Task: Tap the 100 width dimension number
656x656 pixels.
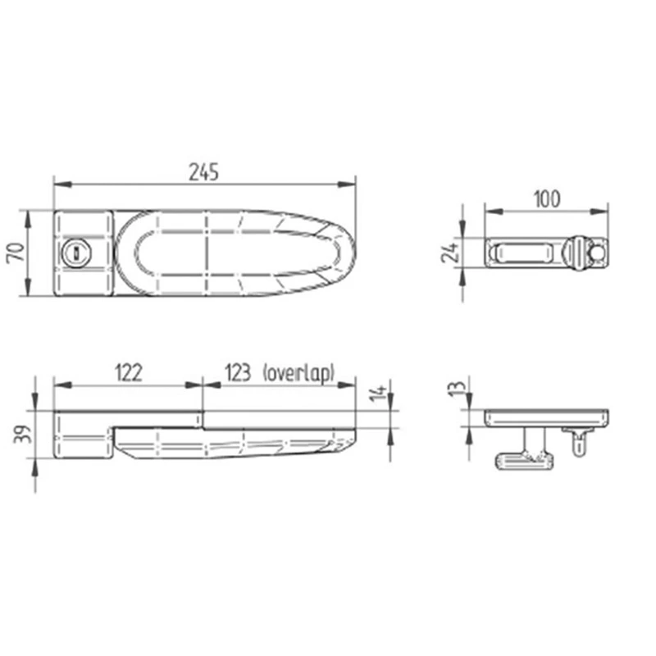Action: coord(546,198)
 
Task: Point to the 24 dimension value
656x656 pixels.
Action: coord(449,253)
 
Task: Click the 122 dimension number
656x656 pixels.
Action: coord(128,373)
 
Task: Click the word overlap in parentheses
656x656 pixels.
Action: coord(299,373)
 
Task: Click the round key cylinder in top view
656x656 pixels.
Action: coord(75,253)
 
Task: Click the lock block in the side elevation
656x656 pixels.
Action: coord(82,435)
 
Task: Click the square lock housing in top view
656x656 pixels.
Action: coord(82,253)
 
